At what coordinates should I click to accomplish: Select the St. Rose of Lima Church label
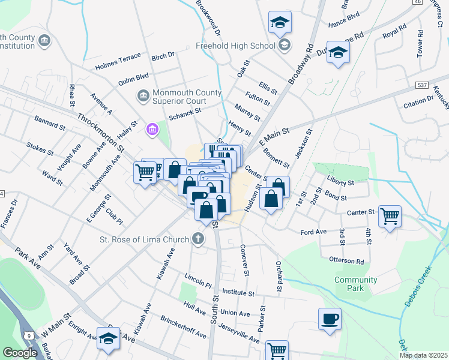(x=145, y=239)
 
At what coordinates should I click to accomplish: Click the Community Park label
(x=356, y=284)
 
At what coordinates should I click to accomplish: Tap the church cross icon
(x=197, y=239)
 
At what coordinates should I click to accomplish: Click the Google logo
(x=20, y=353)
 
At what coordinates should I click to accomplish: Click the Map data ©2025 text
(x=423, y=355)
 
